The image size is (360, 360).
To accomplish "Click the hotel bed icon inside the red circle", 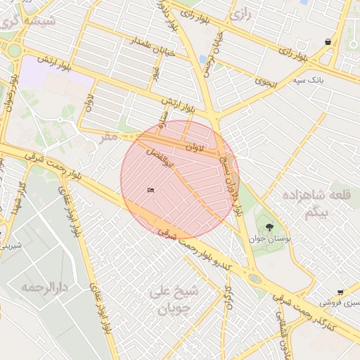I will click(150, 190).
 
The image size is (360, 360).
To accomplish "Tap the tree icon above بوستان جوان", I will click(269, 226).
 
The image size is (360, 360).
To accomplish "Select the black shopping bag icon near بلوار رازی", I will click(328, 42).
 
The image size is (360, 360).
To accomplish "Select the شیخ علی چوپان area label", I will click(176, 300).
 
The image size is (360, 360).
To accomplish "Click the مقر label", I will click(108, 135).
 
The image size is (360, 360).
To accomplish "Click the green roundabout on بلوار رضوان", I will click(14, 49).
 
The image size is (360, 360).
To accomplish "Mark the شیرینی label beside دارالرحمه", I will click(12, 246).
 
